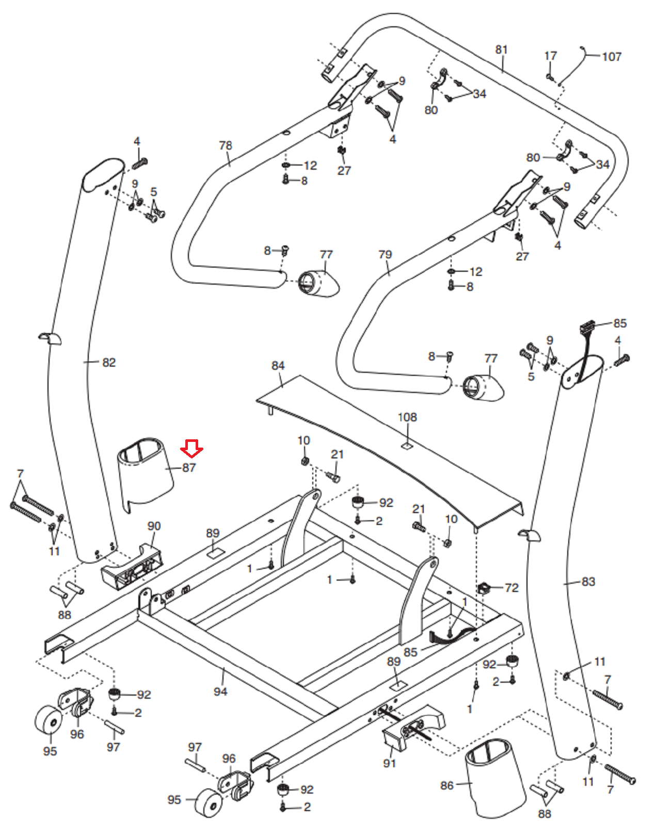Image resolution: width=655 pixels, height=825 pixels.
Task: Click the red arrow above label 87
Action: coord(191,448)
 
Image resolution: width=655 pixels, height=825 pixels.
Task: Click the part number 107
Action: coord(612,57)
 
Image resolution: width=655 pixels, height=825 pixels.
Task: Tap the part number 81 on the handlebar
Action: coord(501,49)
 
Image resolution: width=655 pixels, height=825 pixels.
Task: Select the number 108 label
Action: coord(407,417)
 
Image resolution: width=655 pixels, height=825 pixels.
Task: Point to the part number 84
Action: coord(278,366)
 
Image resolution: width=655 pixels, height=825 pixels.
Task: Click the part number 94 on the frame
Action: coord(220,691)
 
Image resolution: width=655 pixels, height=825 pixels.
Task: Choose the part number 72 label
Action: coord(512,588)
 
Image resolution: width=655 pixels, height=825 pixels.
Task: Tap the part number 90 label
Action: coord(154,526)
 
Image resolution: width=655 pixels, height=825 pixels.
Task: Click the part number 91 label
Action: coord(390,763)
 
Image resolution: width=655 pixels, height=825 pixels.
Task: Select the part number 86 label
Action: coord(447,785)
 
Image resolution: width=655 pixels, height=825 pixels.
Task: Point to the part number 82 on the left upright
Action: coord(109,362)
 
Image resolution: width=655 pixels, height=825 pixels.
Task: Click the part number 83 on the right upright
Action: coord(588,582)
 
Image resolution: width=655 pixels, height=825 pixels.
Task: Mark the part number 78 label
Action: coord(226,145)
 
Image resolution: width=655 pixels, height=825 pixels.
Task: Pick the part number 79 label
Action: coord(385,254)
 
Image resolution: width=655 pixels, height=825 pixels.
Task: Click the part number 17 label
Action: coord(551,56)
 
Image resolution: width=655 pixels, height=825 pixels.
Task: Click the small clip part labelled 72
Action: coord(484,587)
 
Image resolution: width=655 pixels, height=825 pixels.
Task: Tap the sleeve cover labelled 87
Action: coord(145,472)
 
